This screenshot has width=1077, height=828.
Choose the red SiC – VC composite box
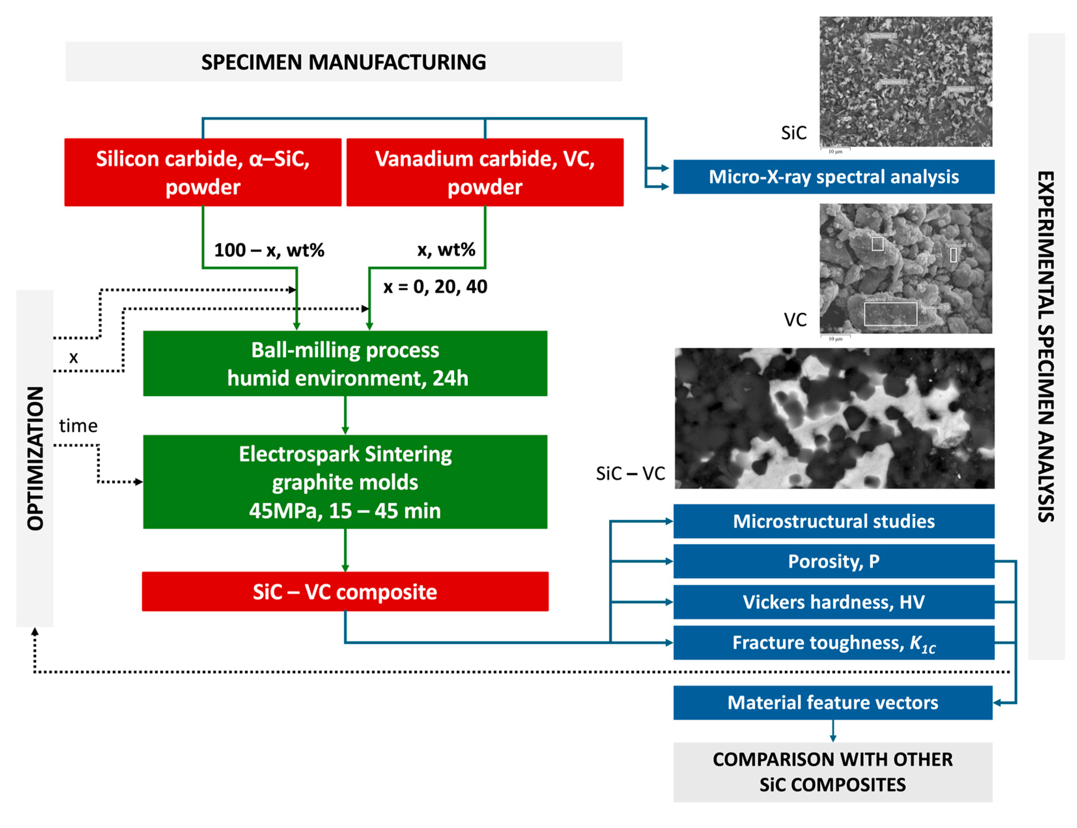(x=345, y=591)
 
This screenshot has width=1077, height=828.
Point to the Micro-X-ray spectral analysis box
(x=833, y=176)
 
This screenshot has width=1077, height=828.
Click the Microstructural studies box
(x=833, y=521)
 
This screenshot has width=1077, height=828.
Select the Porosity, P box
(x=833, y=561)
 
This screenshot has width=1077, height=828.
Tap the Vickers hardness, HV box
(x=833, y=602)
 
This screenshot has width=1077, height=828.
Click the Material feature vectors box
(x=832, y=702)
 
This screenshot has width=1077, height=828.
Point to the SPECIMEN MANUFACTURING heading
(x=343, y=62)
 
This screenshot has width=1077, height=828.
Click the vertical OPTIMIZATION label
(x=35, y=458)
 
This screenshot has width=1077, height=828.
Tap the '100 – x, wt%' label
(x=269, y=250)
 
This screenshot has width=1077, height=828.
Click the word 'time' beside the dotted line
(x=78, y=425)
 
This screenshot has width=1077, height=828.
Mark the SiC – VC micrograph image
(x=834, y=418)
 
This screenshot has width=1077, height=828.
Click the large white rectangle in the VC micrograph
(x=890, y=313)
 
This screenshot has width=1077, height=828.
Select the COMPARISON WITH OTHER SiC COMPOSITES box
(x=832, y=772)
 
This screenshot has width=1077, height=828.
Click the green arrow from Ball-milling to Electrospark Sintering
(x=345, y=415)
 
